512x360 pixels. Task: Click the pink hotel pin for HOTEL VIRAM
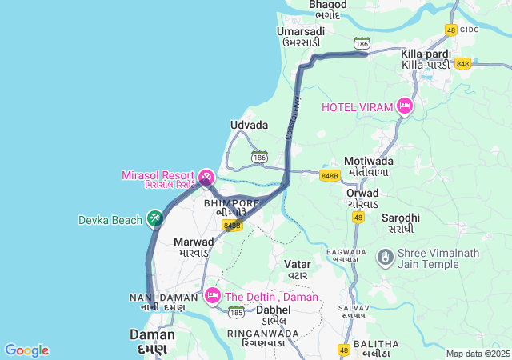click(405, 106)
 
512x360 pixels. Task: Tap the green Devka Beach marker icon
click(155, 218)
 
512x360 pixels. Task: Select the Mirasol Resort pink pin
click(206, 176)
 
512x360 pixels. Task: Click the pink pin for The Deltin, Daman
click(213, 296)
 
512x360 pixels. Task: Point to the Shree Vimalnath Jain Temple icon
click(385, 256)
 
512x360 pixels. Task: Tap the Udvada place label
click(249, 126)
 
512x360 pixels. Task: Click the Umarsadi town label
click(300, 31)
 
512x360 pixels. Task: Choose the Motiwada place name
click(370, 161)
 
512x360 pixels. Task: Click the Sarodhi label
click(401, 218)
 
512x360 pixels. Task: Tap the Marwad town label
click(194, 241)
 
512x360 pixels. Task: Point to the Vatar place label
click(297, 263)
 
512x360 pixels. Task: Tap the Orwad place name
click(362, 193)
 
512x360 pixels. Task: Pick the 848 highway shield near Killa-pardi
click(462, 64)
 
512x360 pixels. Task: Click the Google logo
click(26, 350)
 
